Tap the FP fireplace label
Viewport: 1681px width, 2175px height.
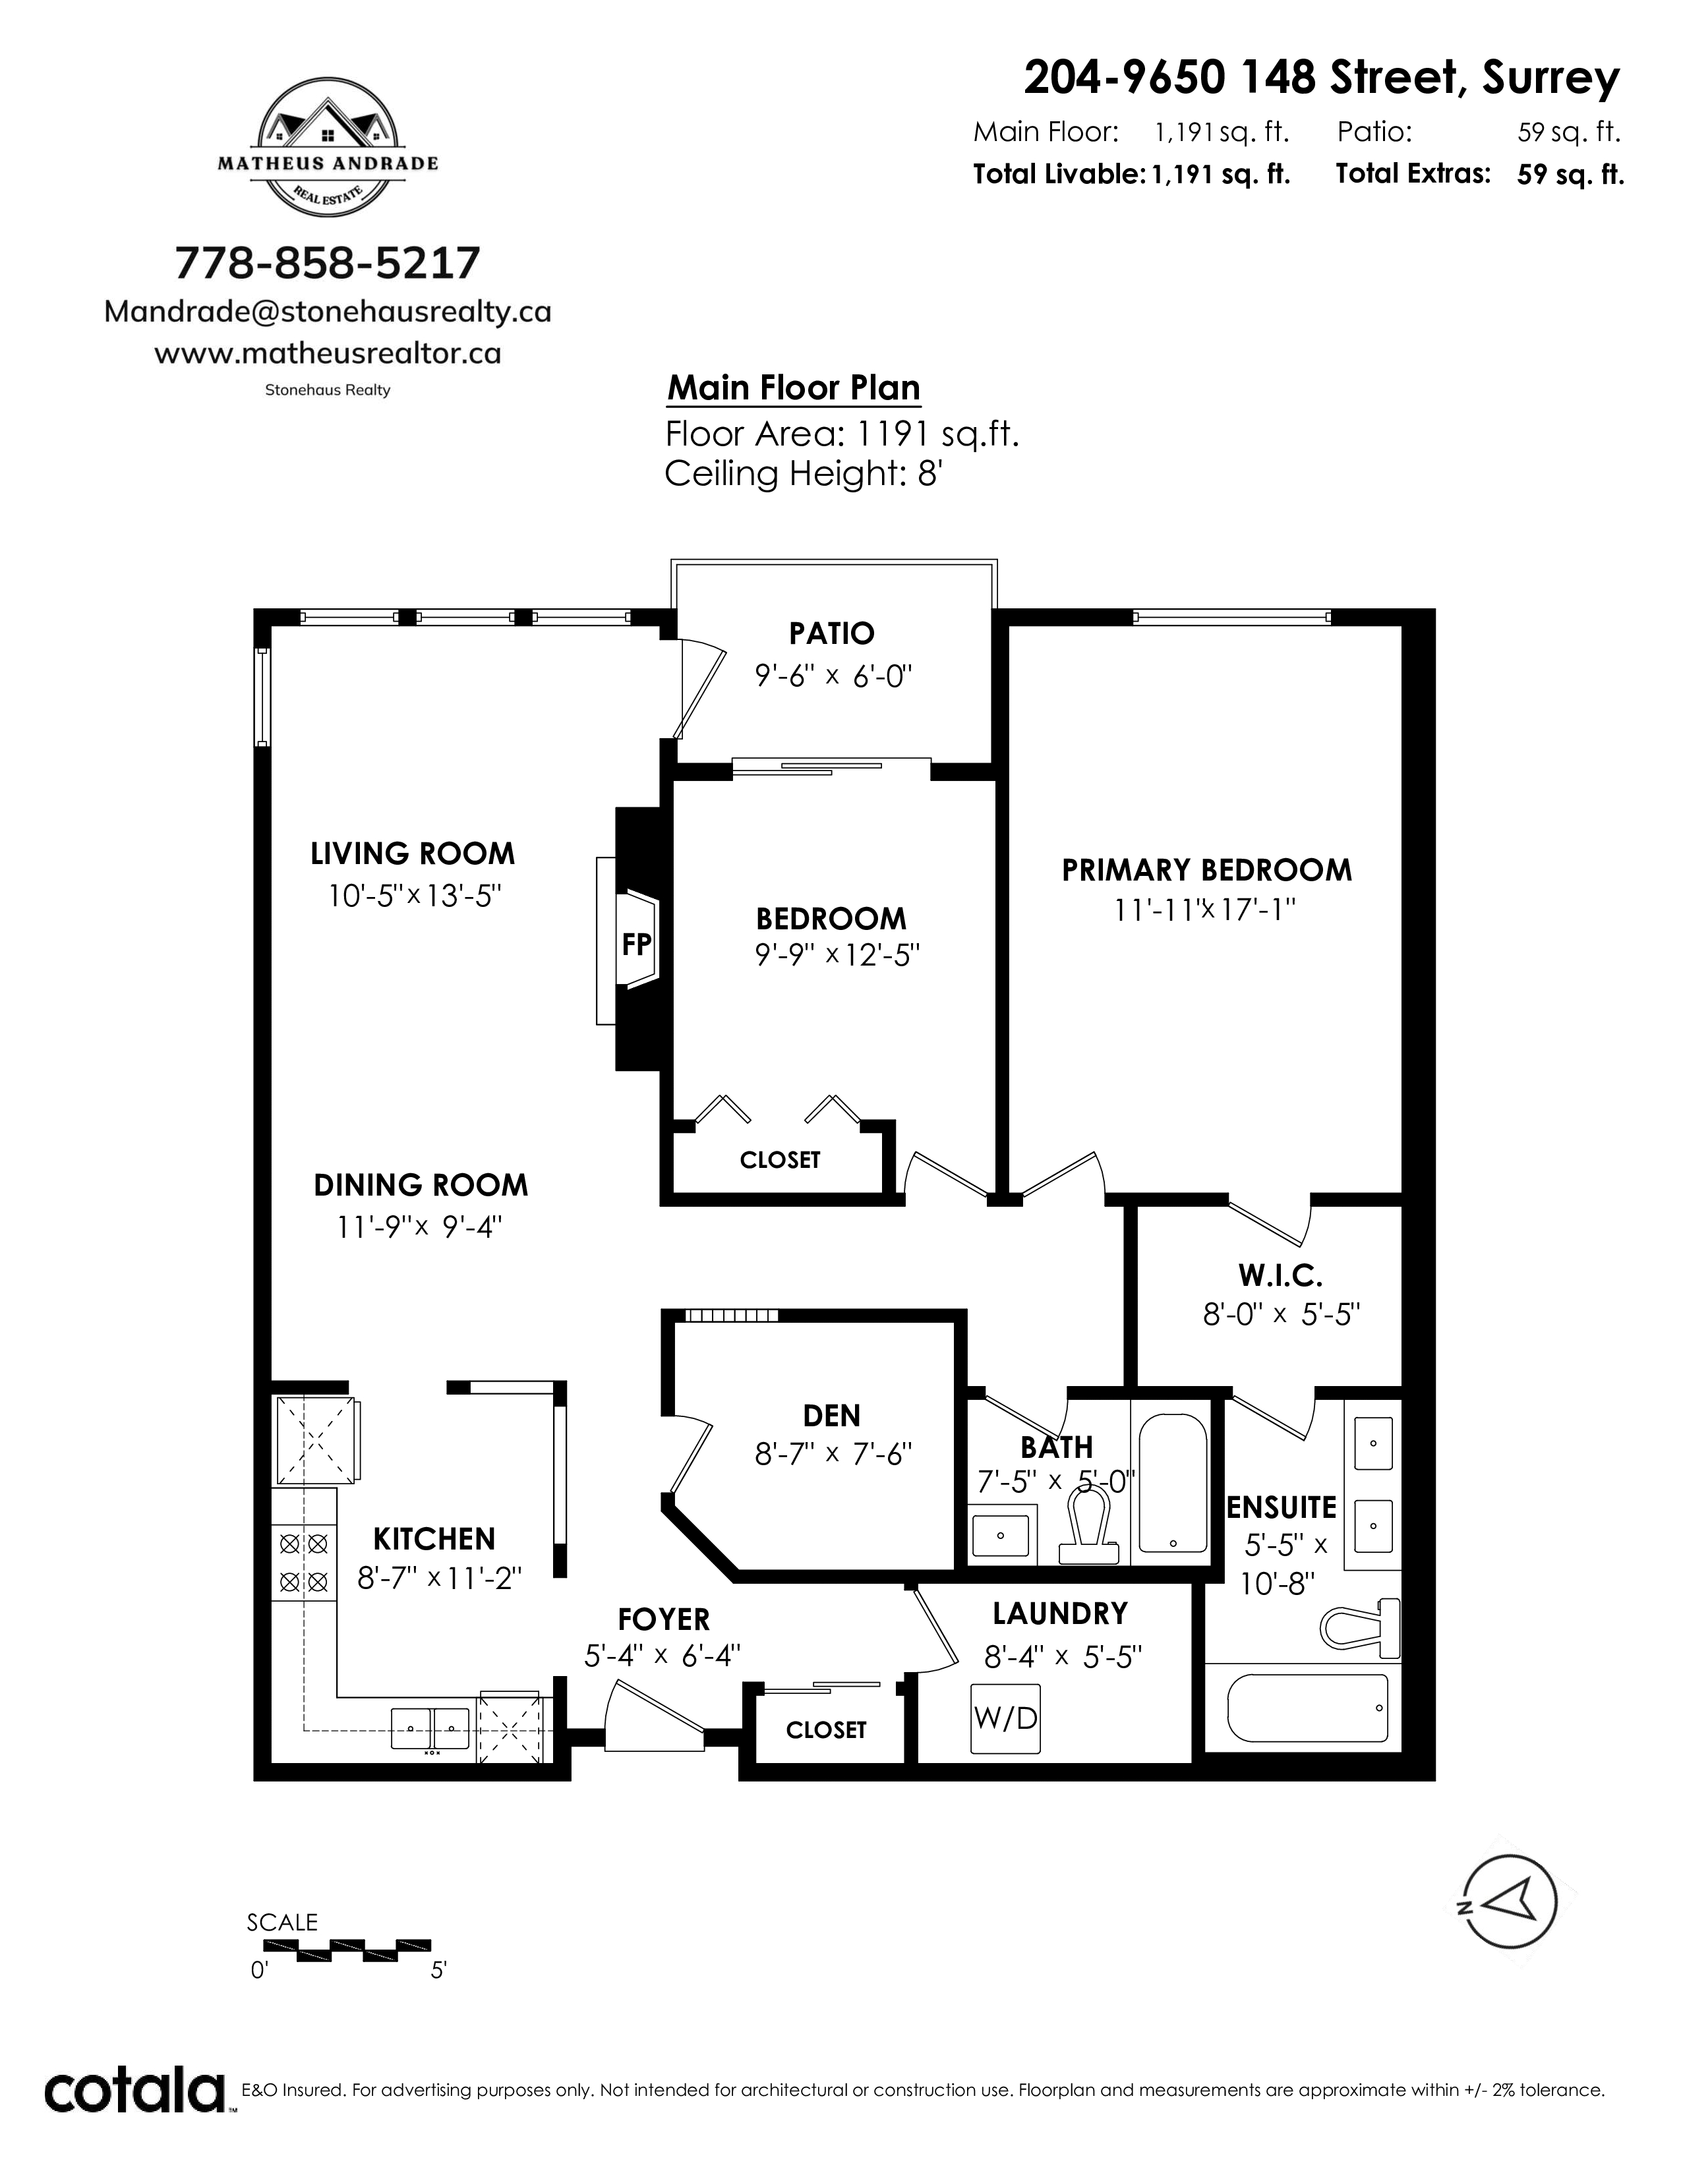click(636, 944)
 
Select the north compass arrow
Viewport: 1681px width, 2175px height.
click(1506, 1905)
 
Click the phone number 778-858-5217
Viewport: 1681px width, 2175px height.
click(328, 263)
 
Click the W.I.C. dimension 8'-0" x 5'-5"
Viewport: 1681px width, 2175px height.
click(1281, 1316)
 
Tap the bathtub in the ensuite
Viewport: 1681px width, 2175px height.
click(1308, 1707)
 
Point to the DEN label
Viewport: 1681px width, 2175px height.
click(831, 1415)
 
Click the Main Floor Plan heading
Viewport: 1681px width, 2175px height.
click(794, 388)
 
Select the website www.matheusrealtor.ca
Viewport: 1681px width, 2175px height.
click(328, 353)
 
